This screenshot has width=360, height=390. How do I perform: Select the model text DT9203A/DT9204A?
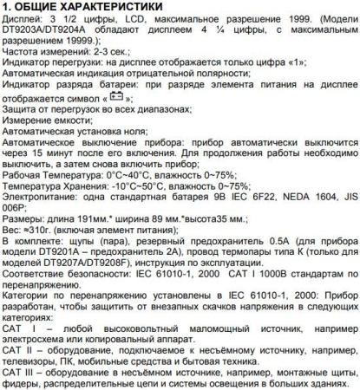coord(49,42)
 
